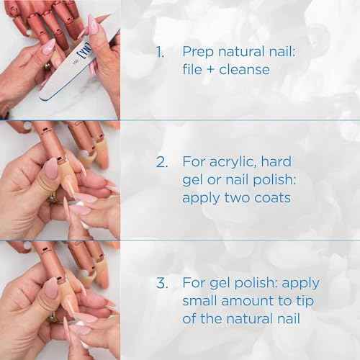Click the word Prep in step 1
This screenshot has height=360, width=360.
pos(197,52)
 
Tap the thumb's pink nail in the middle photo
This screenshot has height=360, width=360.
pos(51,169)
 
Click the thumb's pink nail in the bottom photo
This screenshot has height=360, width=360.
pos(51,288)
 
